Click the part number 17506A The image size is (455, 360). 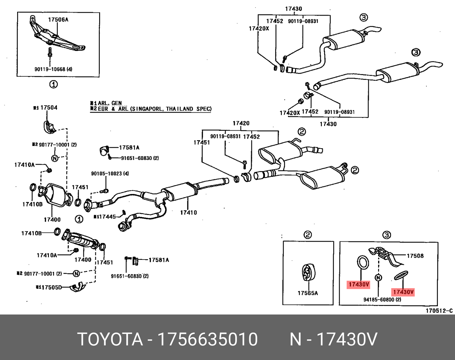click(58, 20)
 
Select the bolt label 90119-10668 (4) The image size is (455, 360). click(53, 69)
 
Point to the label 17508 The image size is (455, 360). click(415, 256)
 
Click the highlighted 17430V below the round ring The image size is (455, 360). click(359, 284)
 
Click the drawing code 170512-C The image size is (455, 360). click(439, 311)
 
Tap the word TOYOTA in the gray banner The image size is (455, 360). click(110, 339)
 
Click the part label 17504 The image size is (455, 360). click(49, 107)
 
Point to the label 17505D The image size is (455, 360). click(51, 287)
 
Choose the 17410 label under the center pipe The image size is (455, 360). click(188, 212)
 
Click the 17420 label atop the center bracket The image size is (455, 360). click(241, 123)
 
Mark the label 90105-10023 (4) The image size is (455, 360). click(110, 174)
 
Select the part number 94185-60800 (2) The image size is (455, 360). click(382, 300)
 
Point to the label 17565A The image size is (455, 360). click(308, 293)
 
